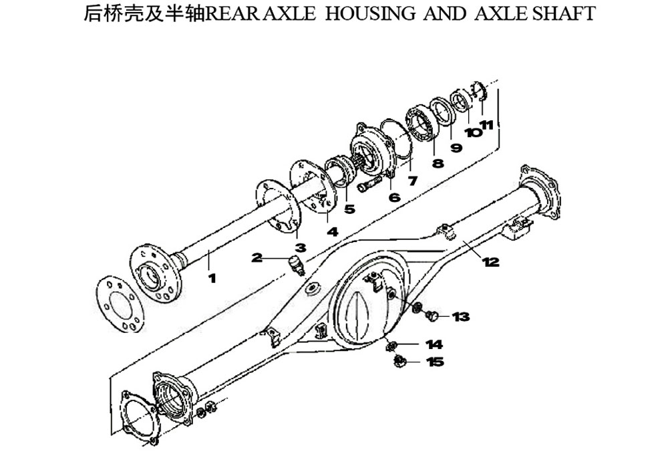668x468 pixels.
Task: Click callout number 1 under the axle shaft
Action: tap(212, 278)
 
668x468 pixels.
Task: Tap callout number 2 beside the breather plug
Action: tap(257, 257)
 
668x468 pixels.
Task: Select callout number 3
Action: tap(301, 247)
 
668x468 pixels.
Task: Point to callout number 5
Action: tap(349, 209)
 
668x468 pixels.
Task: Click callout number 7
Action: tap(412, 181)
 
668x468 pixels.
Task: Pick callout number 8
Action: tap(438, 163)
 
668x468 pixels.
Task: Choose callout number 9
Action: tap(456, 148)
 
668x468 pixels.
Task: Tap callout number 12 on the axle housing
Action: tap(490, 261)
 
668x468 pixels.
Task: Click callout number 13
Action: tap(460, 317)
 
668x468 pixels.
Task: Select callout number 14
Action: tap(434, 344)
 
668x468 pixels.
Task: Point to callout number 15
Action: tap(435, 362)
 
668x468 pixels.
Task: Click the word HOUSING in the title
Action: tap(370, 13)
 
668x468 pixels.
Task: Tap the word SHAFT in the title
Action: tap(564, 13)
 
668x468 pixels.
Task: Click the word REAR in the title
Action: tap(232, 13)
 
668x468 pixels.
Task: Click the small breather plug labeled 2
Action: tap(296, 264)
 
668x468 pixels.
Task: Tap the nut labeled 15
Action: tap(399, 361)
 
